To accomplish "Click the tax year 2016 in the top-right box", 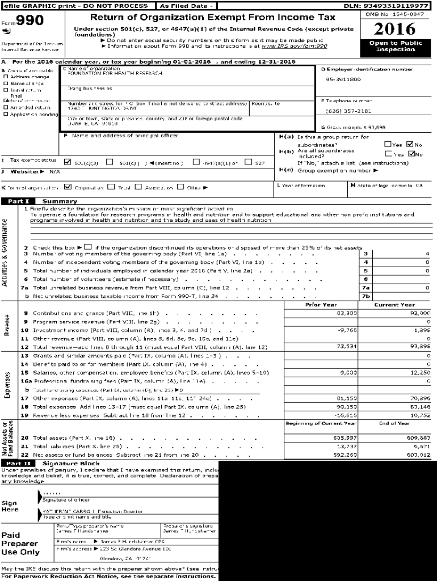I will (x=395, y=29).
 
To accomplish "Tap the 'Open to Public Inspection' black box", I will (x=395, y=46).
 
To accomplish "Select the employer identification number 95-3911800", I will (x=343, y=79).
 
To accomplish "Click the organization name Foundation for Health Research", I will (x=107, y=74).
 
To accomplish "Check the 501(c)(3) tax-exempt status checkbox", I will (x=68, y=162).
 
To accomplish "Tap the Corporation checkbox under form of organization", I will (x=68, y=187).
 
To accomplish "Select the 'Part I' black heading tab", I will (x=18, y=201).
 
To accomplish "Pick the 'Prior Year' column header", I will (x=321, y=305).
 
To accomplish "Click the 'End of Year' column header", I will (x=394, y=423).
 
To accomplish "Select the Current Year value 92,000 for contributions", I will (x=419, y=313).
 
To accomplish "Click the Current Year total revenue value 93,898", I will (x=419, y=346).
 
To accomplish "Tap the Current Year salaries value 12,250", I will (x=419, y=373).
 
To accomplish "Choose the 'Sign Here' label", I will (x=10, y=506).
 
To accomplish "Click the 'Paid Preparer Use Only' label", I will (x=20, y=544).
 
